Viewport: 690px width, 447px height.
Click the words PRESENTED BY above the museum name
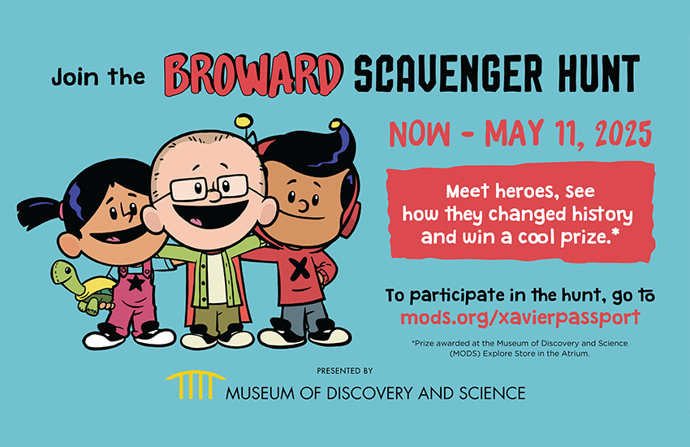click(345, 371)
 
